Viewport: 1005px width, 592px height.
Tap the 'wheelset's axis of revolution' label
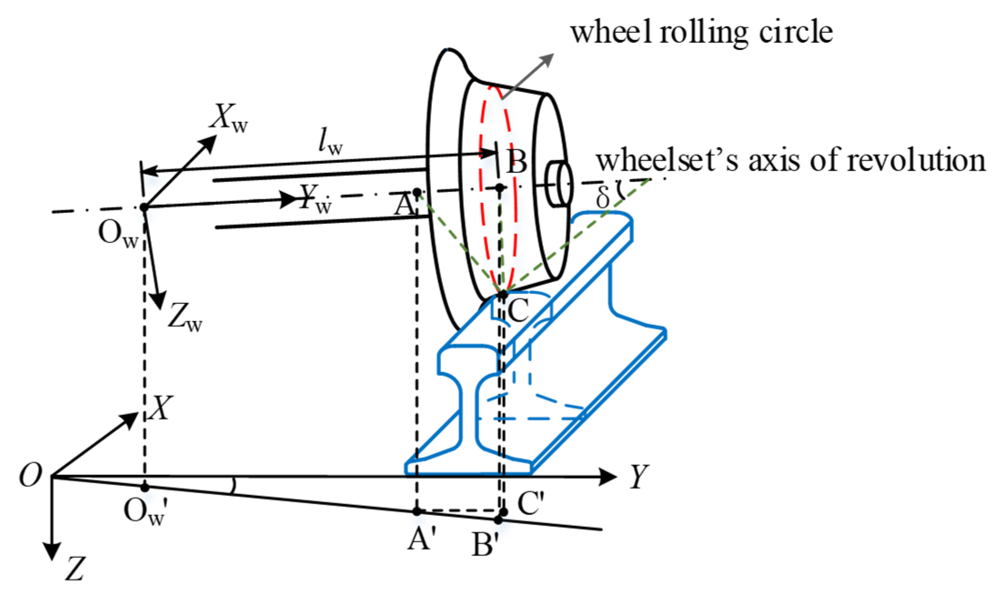point(791,161)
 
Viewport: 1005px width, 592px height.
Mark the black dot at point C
point(502,295)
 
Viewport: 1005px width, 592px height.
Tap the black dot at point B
point(500,187)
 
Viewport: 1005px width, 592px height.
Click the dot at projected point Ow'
point(145,487)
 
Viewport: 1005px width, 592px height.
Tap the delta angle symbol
point(603,198)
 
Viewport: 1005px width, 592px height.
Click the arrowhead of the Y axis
point(609,477)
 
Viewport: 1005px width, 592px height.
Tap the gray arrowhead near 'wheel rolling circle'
point(548,59)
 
